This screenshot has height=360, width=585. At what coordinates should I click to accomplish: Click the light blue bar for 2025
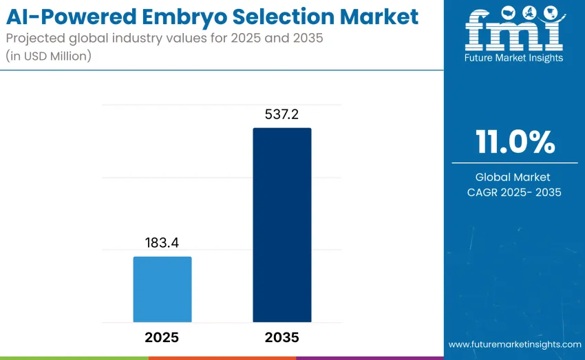pyautogui.click(x=162, y=289)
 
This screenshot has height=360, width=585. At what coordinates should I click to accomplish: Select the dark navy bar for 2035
pyautogui.click(x=282, y=225)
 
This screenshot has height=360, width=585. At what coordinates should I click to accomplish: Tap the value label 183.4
pyautogui.click(x=162, y=243)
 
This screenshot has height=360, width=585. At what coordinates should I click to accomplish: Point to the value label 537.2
pyautogui.click(x=282, y=114)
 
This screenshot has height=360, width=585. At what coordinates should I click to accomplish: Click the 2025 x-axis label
pyautogui.click(x=162, y=337)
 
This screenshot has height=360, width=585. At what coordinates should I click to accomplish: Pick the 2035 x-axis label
pyautogui.click(x=282, y=337)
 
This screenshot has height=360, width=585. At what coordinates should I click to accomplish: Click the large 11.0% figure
pyautogui.click(x=515, y=142)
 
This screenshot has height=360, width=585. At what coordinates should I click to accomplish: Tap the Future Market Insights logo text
pyautogui.click(x=514, y=58)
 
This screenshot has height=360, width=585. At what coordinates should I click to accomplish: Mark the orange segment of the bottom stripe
pyautogui.click(x=222, y=358)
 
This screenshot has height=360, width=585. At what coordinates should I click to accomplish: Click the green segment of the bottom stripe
pyautogui.click(x=74, y=358)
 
